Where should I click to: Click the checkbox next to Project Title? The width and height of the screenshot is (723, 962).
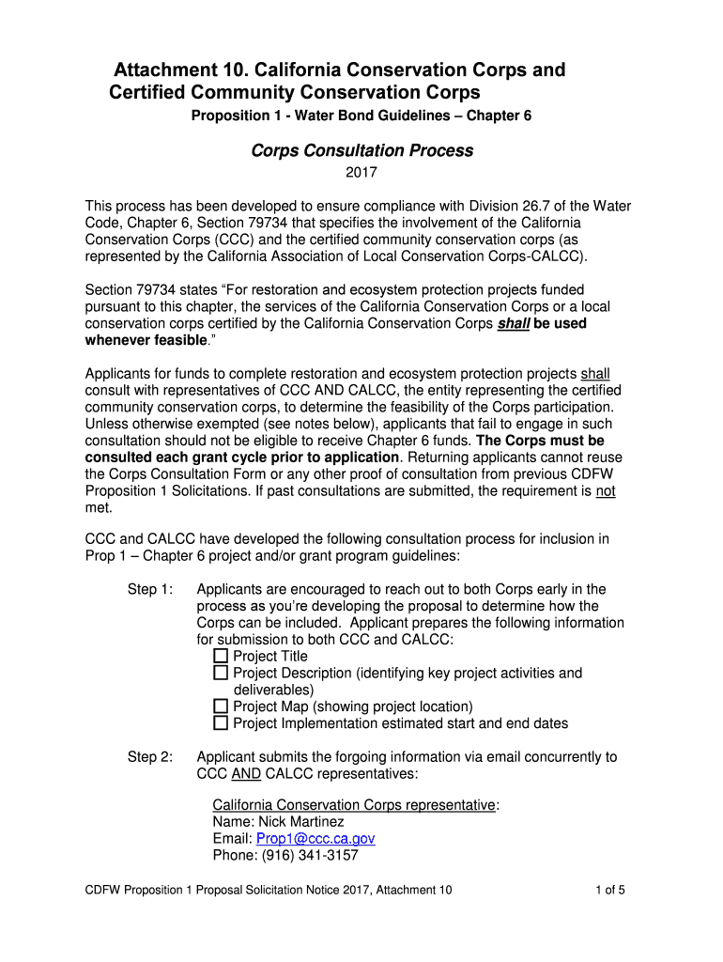click(221, 656)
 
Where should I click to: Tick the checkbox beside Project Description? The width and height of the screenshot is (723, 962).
click(221, 673)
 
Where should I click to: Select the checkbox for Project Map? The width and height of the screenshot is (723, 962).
click(221, 706)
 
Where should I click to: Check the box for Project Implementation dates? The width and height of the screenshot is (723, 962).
click(221, 723)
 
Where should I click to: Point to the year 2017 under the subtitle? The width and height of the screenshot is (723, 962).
click(361, 173)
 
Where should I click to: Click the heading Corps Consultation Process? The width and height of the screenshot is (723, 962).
click(361, 150)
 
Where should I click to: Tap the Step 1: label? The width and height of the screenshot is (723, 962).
click(150, 589)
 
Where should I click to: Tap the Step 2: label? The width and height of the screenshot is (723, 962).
click(150, 757)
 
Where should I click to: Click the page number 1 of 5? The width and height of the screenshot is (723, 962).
click(610, 891)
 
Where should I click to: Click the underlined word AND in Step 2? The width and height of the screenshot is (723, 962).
click(246, 774)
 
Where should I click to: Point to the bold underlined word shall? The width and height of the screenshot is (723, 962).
click(513, 323)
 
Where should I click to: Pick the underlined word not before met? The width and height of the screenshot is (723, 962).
click(606, 491)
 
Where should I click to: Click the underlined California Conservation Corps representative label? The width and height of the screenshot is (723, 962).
click(354, 805)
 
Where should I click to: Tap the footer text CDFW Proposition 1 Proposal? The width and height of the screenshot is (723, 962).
click(169, 891)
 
